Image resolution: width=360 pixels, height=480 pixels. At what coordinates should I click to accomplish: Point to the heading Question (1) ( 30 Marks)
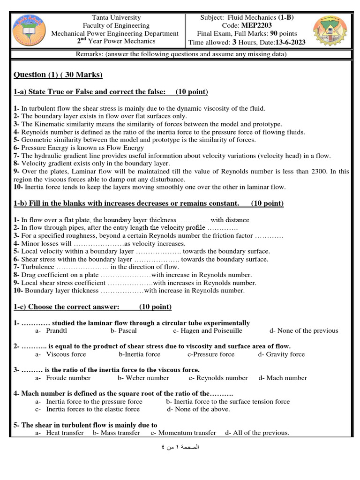58,75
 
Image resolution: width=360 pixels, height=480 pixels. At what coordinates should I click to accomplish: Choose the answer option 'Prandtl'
57,330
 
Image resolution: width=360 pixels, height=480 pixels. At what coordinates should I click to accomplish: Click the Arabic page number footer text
180,447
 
